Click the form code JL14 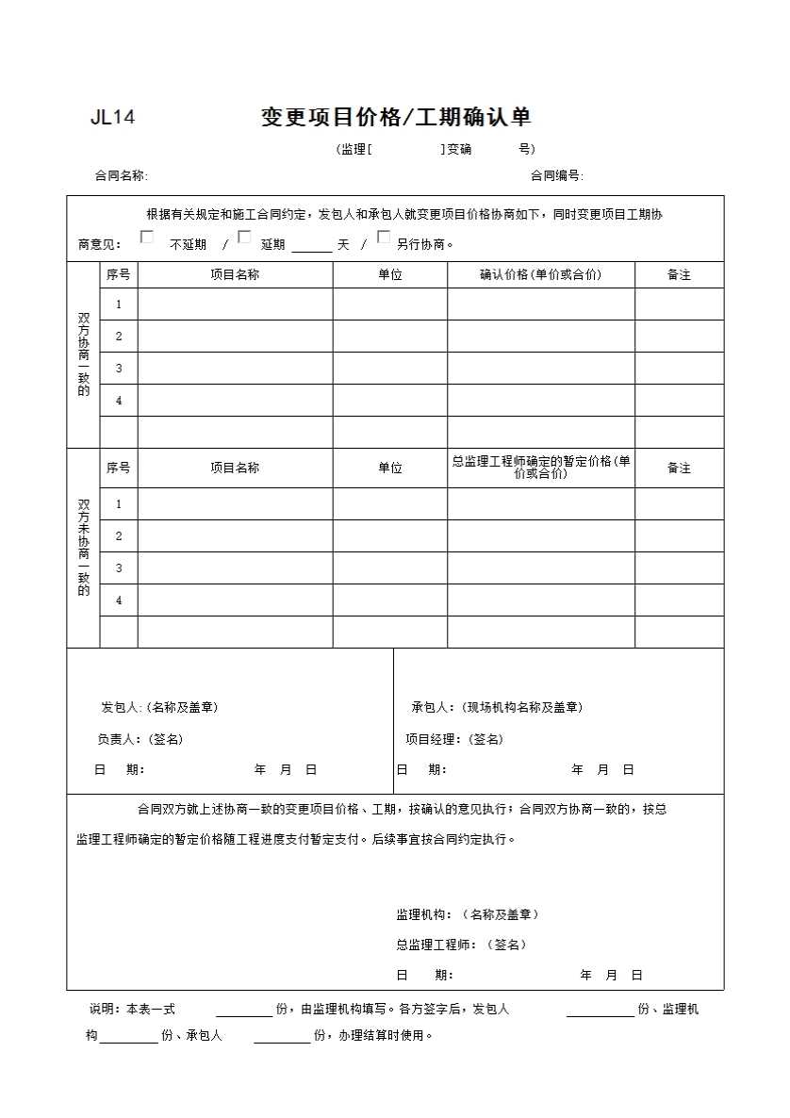coord(112,118)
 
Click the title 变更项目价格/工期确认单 coord(396,117)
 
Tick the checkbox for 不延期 coord(147,238)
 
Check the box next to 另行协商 coord(384,238)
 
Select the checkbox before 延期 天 coord(244,238)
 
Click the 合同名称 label coord(121,175)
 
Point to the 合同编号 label coord(556,175)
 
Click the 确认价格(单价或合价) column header coord(540,275)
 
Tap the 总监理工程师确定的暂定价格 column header coord(540,468)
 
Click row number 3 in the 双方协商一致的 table coord(119,369)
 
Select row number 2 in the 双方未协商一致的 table coord(119,536)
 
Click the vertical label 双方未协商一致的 coord(84,548)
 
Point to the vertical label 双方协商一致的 coord(84,354)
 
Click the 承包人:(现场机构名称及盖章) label coord(496,708)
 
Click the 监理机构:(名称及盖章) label coord(468,914)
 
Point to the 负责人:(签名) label coord(140,739)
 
